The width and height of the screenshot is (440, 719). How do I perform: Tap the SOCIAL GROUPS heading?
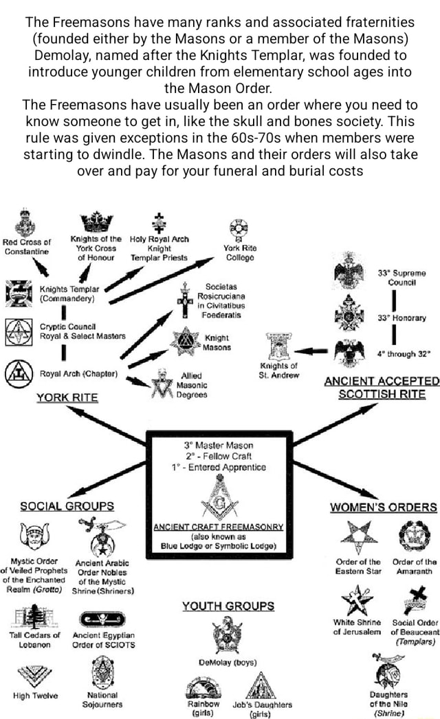click(x=76, y=506)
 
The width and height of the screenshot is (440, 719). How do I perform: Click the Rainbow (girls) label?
click(x=203, y=708)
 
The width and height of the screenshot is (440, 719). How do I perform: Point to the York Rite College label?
click(x=239, y=253)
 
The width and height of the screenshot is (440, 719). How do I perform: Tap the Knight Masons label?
click(x=217, y=343)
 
